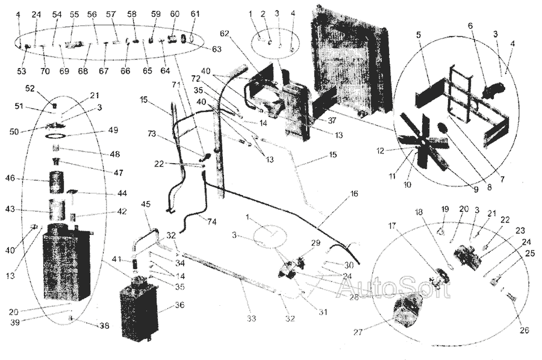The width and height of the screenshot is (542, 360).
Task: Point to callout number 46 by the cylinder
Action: coord(26,179)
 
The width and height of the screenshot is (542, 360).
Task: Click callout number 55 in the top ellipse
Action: coord(74,13)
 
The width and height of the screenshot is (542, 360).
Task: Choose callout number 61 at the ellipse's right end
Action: coord(194,13)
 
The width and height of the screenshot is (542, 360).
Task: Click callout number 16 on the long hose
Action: coord(353,195)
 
